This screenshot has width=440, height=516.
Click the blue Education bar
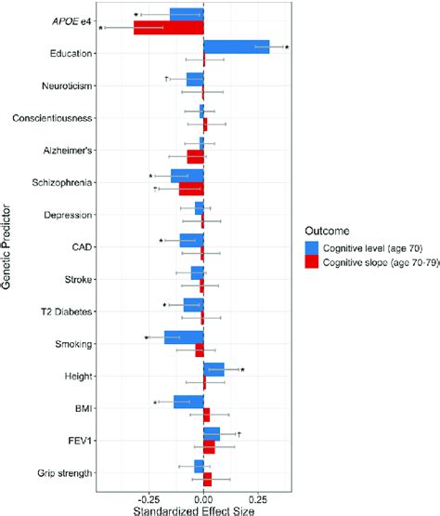tap(236, 46)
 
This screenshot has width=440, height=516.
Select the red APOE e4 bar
tap(168, 27)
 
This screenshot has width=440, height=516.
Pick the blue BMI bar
tap(188, 402)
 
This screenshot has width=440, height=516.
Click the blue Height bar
tap(214, 370)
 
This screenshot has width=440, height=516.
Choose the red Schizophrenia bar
tap(191, 189)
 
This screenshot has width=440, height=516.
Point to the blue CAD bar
tap(191, 241)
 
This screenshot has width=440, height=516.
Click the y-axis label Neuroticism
tap(67, 86)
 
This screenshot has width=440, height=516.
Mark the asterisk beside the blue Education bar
tap(288, 47)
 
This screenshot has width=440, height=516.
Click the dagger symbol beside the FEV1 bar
tap(238, 434)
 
